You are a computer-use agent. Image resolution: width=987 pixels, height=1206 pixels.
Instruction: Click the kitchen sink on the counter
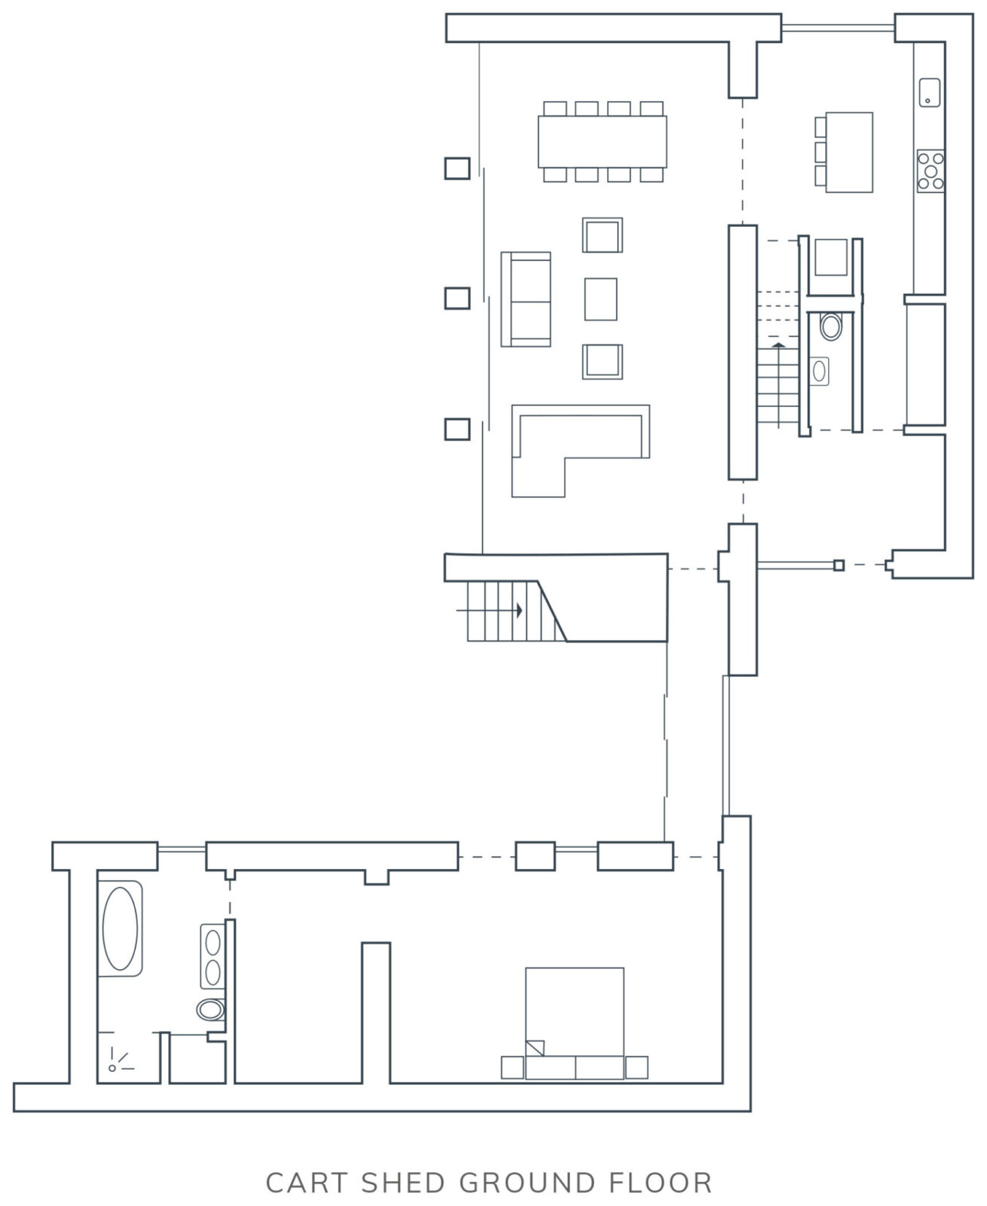tap(929, 93)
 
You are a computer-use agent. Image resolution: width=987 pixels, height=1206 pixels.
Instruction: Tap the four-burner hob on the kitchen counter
tap(930, 171)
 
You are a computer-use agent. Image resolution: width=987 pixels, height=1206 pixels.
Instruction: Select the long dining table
tap(603, 142)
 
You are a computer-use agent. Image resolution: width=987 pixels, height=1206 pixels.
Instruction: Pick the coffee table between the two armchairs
tap(600, 299)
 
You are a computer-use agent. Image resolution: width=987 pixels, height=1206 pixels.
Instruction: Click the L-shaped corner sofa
tap(580, 451)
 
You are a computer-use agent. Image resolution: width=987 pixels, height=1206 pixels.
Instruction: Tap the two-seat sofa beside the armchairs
tap(526, 299)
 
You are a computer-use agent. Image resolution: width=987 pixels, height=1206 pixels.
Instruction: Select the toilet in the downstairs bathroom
tap(211, 1010)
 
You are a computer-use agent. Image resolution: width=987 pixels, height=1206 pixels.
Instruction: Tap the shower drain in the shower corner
tap(112, 1068)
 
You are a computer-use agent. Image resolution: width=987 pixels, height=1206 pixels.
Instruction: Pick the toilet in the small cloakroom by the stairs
tap(831, 326)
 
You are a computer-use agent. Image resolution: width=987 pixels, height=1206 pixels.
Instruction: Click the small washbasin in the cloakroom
tap(819, 371)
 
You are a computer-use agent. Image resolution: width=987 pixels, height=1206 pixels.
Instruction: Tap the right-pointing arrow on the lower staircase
tap(489, 611)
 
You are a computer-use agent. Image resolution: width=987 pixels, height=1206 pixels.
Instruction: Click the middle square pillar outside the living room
tap(457, 298)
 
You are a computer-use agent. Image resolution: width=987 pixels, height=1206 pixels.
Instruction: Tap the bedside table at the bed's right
tap(637, 1067)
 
